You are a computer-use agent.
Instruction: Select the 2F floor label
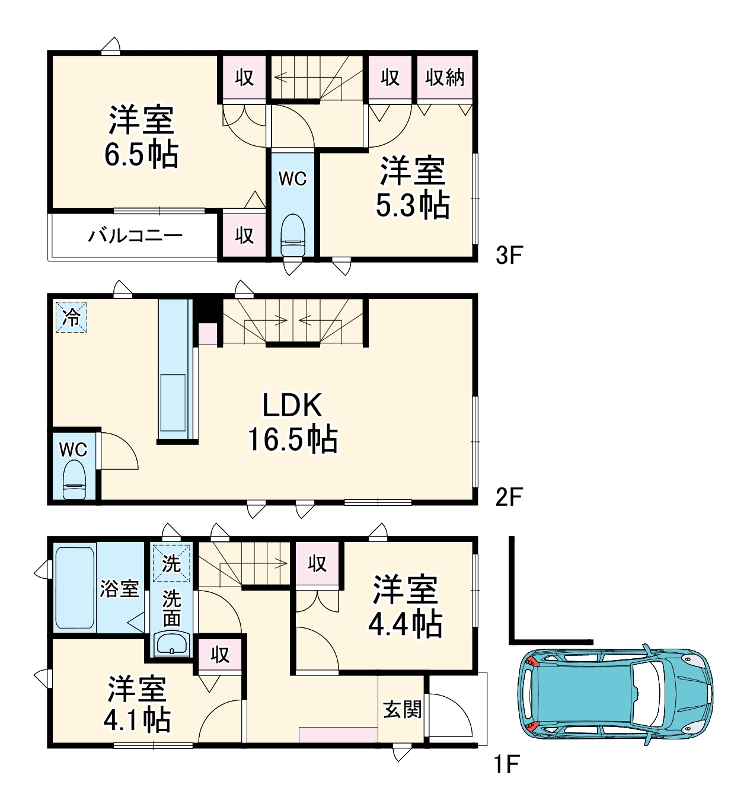pos(508,496)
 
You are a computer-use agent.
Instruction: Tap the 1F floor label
pos(507,764)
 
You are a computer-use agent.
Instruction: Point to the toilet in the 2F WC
pos(74,480)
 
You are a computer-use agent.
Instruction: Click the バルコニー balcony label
pos(135,236)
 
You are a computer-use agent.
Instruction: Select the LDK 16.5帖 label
pos(292,422)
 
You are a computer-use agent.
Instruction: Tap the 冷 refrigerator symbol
pos(71,317)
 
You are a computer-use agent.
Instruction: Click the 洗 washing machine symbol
pos(171,563)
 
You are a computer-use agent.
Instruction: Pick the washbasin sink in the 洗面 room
pos(172,643)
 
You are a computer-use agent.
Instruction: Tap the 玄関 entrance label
pos(402,709)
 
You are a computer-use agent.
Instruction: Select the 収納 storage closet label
pos(445,77)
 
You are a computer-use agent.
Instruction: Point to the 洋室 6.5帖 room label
pos(141,137)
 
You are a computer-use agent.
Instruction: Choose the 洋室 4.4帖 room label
pos(405,607)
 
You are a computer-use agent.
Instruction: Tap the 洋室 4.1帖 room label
pos(137,704)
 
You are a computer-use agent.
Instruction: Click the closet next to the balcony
pos(244,235)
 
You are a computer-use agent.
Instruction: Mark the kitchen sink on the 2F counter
pos(173,402)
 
